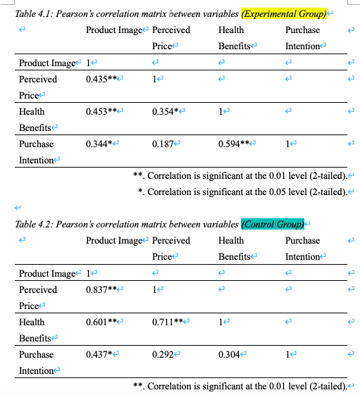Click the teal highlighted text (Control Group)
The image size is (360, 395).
(271, 225)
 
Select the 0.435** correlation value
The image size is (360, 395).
(101, 79)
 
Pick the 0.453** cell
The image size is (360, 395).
(101, 111)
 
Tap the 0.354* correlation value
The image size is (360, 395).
(165, 111)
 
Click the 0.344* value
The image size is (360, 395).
(99, 144)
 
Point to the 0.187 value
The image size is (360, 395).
(163, 144)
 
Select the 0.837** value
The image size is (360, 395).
(101, 289)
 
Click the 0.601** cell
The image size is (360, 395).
(101, 322)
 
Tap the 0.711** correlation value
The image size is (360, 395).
(167, 322)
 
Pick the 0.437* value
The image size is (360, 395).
(99, 354)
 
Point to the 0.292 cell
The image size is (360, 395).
(163, 354)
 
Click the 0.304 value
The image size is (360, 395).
(229, 354)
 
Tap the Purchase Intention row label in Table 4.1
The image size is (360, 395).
(36, 151)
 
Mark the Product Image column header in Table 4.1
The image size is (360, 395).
(113, 30)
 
